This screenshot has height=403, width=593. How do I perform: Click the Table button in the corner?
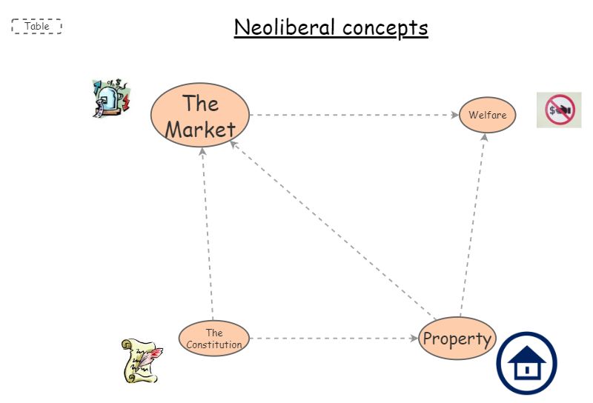pyautogui.click(x=36, y=27)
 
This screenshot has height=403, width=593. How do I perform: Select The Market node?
pyautogui.click(x=199, y=115)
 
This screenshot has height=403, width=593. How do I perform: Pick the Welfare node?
pyautogui.click(x=487, y=115)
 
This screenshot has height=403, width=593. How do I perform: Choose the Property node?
pyautogui.click(x=457, y=339)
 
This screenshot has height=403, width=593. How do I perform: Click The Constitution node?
pyautogui.click(x=214, y=339)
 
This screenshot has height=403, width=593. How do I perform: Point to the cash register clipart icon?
pyautogui.click(x=110, y=98)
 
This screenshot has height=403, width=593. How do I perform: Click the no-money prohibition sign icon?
pyautogui.click(x=559, y=110)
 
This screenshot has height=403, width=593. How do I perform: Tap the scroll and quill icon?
pyautogui.click(x=141, y=361)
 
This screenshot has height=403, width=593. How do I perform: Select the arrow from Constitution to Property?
pyautogui.click(x=334, y=339)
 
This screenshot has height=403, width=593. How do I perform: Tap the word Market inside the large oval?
pyautogui.click(x=200, y=130)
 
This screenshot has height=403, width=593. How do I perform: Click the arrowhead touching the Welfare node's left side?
pyautogui.click(x=454, y=115)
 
